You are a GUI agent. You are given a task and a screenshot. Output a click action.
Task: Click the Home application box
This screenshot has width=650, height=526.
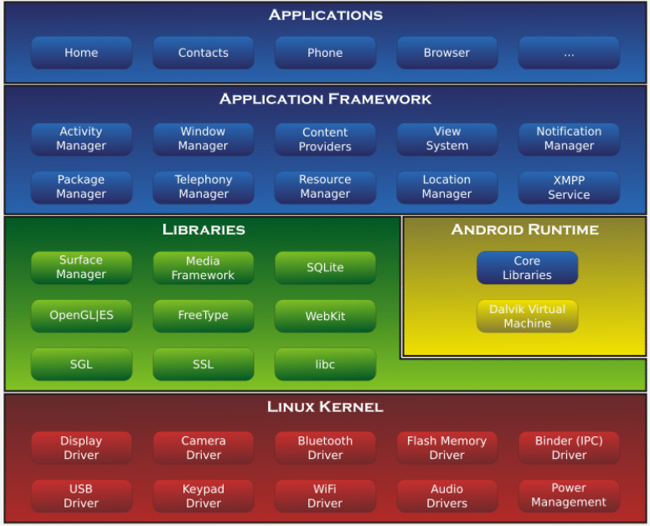81,53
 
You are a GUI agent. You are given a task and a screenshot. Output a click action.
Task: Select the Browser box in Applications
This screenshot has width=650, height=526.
446,53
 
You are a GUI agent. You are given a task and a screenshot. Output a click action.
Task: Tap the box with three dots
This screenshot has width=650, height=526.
569,53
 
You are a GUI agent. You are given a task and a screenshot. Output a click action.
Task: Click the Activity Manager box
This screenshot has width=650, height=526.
81,139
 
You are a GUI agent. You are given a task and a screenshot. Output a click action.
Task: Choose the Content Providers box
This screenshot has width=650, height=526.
325,139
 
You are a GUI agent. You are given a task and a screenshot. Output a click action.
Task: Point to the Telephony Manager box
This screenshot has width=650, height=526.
203,187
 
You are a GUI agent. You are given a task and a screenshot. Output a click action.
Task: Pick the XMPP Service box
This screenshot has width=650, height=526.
569,187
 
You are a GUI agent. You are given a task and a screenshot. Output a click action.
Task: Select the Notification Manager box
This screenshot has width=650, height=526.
569,139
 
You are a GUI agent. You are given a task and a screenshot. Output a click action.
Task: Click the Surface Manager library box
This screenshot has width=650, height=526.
81,267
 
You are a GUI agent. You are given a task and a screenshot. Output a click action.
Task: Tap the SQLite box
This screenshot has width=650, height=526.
325,267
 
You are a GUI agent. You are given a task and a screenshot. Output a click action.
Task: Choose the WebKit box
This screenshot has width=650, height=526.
325,316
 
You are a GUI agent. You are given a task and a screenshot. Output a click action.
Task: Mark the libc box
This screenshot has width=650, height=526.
325,364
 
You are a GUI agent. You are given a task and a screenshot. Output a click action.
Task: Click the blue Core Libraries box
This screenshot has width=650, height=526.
527,267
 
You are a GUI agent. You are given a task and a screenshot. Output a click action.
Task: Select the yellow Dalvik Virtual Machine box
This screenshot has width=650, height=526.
527,316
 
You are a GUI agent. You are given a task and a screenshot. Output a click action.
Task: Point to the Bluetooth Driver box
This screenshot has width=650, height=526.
325,447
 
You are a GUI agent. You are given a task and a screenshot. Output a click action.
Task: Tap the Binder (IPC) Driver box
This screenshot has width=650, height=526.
569,447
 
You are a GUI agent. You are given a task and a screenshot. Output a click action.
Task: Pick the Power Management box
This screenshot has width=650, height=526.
569,495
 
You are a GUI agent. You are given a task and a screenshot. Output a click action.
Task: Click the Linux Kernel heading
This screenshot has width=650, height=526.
325,407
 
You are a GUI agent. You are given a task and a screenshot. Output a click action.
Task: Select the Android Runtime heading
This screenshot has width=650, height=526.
525,229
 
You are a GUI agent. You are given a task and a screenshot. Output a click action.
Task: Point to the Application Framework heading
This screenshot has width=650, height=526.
325,99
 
